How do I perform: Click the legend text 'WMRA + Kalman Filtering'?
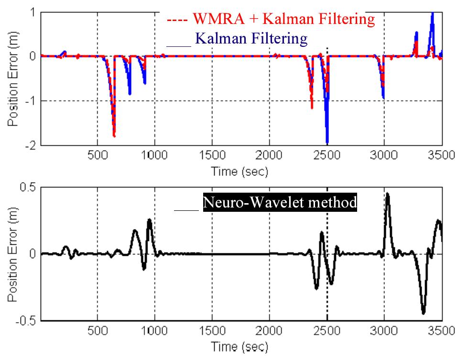coord(283,19)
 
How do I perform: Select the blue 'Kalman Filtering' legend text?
coord(251,38)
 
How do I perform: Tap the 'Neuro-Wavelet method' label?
coord(280,203)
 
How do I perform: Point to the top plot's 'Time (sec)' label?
coord(240,171)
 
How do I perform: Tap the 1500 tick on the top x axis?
coord(212,156)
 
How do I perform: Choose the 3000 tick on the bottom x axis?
coord(384,332)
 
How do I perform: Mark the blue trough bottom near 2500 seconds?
coord(327,142)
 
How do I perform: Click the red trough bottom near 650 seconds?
coord(114,136)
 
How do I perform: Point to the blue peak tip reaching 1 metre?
coord(432,12)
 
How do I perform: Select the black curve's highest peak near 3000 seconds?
coord(387,194)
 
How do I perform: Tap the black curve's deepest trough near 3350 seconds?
coord(423,313)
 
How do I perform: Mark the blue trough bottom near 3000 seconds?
coord(383,98)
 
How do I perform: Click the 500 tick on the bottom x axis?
coord(97,332)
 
